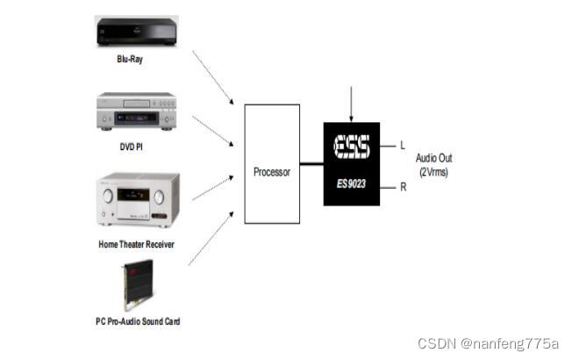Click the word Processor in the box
[271, 172]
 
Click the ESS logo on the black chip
[352, 147]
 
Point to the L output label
[402, 146]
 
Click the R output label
[402, 186]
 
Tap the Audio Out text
[434, 159]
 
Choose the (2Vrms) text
[434, 172]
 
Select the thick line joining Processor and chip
[311, 163]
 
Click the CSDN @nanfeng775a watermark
[487, 342]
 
